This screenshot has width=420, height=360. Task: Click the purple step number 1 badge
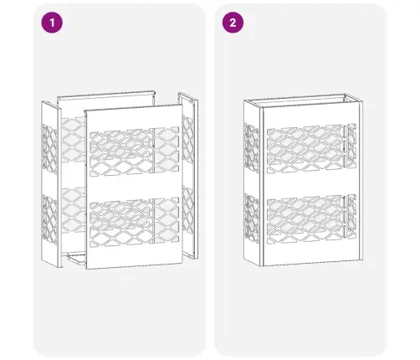coord(52,23)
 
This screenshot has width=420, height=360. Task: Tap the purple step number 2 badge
coord(233,23)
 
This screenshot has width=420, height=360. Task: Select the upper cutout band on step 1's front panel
coord(134,152)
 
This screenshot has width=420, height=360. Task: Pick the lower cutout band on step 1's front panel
coord(134,223)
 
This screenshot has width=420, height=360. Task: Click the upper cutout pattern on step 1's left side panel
coord(49,149)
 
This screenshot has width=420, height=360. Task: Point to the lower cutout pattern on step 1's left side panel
coord(49,219)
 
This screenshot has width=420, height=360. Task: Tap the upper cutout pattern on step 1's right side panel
coord(187,140)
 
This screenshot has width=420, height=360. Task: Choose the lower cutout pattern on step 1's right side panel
coord(187,210)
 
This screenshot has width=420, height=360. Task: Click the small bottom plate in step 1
coord(76,258)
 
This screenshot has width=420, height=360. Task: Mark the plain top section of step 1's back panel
coord(106,105)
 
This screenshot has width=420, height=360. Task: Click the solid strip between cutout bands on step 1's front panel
coord(134,187)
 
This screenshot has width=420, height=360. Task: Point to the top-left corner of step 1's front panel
coord(85,111)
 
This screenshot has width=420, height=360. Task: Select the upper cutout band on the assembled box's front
coord(311,148)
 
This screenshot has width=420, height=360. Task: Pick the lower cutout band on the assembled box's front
coord(311,219)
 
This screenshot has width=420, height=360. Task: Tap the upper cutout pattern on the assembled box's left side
coord(251,148)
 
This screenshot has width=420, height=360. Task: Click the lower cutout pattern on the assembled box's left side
coord(251,219)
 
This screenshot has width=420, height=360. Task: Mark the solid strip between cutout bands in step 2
coord(311,183)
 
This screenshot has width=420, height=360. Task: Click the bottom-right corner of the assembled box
coord(362,260)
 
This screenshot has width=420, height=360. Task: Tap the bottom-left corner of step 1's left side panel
coord(42,261)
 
